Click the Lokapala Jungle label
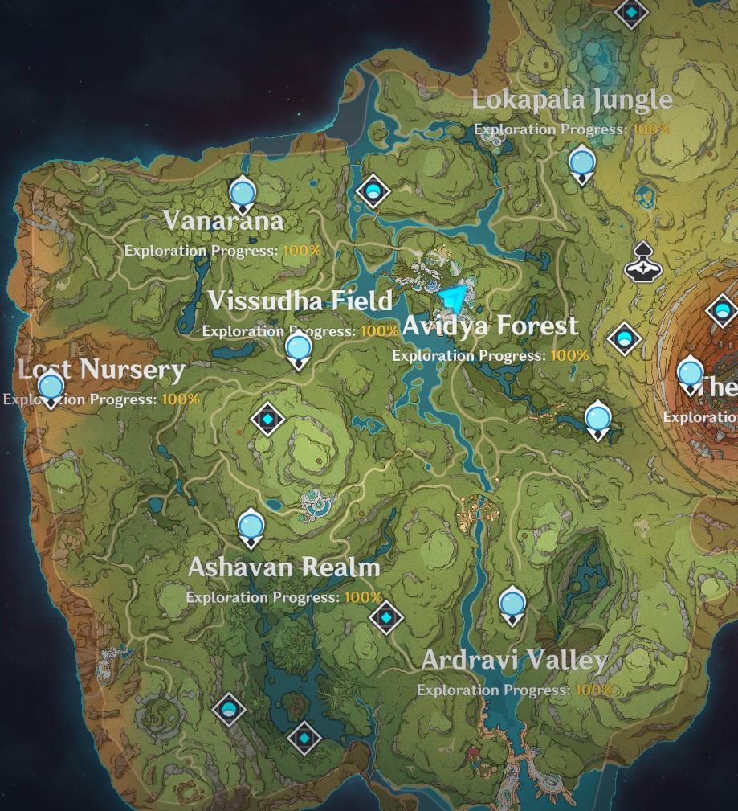[572, 100]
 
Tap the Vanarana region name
[223, 220]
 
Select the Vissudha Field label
[300, 301]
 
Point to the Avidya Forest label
[490, 326]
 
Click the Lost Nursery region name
[102, 370]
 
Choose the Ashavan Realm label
[283, 567]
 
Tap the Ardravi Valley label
[514, 661]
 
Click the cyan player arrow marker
[454, 299]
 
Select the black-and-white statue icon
[642, 260]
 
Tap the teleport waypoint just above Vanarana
[242, 194]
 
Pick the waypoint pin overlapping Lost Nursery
[51, 388]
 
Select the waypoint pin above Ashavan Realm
[251, 527]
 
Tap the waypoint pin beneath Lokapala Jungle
[581, 164]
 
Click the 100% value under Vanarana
[302, 251]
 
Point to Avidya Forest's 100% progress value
[569, 355]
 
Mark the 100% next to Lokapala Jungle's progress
[651, 129]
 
